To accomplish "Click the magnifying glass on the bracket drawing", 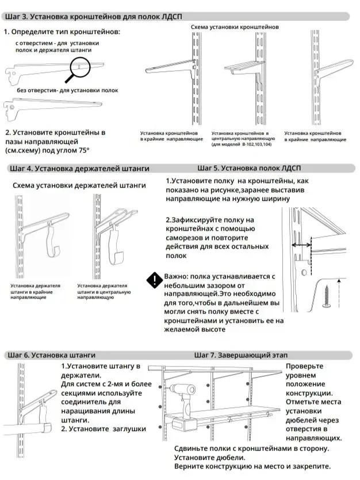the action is pyautogui.click(x=80, y=66).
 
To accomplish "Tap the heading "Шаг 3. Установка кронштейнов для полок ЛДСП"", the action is pyautogui.click(x=94, y=17).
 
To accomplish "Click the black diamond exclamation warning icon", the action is pyautogui.click(x=155, y=280).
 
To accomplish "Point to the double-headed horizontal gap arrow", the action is pyautogui.click(x=301, y=245).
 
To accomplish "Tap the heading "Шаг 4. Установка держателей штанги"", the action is pyautogui.click(x=79, y=169).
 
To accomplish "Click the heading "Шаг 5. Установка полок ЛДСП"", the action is pyautogui.click(x=249, y=168).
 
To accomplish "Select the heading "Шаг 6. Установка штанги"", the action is pyautogui.click(x=51, y=355).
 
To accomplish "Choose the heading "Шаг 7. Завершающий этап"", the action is pyautogui.click(x=241, y=355).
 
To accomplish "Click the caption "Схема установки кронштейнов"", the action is pyautogui.click(x=235, y=27).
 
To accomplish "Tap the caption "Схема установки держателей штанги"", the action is pyautogui.click(x=79, y=185).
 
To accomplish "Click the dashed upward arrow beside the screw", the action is pyautogui.click(x=339, y=294).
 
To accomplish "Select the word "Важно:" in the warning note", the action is pyautogui.click(x=176, y=276).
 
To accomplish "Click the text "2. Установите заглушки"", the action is pyautogui.click(x=104, y=429).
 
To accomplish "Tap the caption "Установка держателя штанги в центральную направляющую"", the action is pyautogui.click(x=104, y=291).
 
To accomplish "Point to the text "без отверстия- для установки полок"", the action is pyautogui.click(x=68, y=90).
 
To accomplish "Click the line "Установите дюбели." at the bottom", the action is pyautogui.click(x=210, y=458).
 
